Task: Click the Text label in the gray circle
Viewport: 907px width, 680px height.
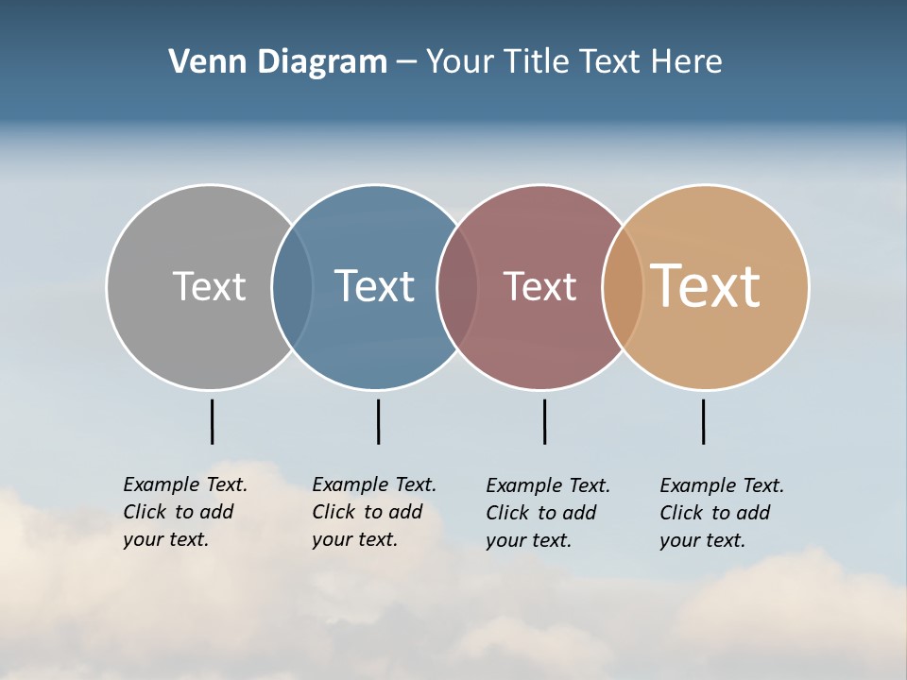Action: tap(209, 286)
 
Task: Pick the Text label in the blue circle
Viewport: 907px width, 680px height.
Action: tap(374, 286)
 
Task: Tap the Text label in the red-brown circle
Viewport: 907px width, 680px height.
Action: tap(539, 286)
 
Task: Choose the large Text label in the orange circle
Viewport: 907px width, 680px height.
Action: tap(705, 286)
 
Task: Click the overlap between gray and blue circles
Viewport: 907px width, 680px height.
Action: tap(292, 286)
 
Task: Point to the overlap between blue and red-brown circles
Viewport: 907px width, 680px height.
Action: tap(457, 286)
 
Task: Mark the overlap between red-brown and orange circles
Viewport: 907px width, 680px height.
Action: tap(623, 286)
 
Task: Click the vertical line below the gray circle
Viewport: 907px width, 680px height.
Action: tap(212, 421)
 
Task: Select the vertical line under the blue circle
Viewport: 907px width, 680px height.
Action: tap(378, 421)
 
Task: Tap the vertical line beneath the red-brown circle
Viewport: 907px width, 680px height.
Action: tap(544, 421)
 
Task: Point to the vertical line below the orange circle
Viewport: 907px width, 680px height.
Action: tap(703, 421)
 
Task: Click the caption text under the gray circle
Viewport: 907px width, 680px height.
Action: tap(184, 512)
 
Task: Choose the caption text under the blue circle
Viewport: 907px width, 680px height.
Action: tap(373, 512)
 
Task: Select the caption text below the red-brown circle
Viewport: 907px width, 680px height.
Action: tap(547, 513)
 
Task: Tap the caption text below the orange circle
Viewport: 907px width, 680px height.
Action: tap(721, 513)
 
